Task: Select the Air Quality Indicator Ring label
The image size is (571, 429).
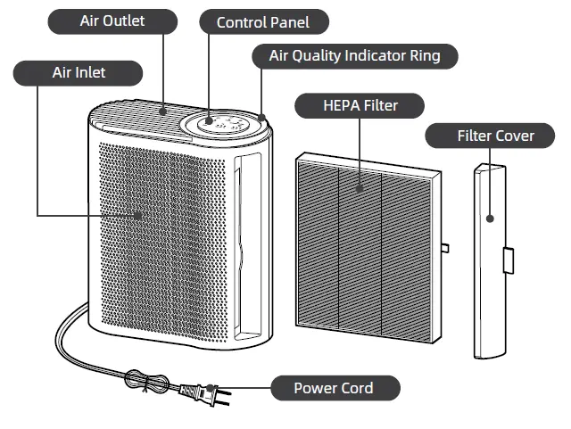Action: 354,56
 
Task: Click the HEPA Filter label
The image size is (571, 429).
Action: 360,106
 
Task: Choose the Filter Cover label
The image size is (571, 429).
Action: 494,136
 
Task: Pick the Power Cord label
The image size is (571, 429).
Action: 334,388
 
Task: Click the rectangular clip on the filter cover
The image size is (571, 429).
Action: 509,260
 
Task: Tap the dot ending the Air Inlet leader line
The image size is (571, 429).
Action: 138,214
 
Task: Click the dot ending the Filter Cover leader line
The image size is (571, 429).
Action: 491,217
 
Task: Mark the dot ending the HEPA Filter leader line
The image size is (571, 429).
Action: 360,188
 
